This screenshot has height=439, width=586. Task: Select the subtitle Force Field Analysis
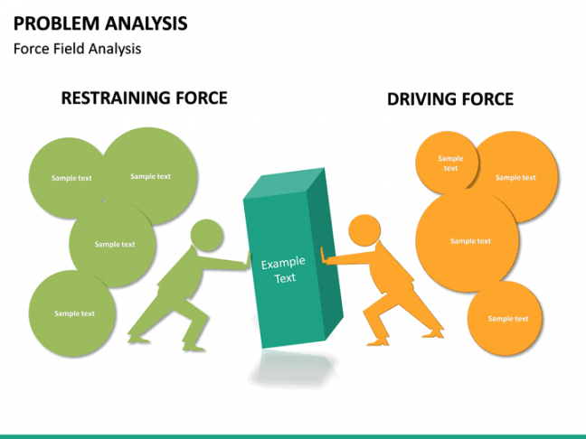click(x=77, y=49)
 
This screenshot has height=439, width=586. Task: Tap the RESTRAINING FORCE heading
click(x=144, y=98)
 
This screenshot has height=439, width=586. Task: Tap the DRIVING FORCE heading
click(x=449, y=98)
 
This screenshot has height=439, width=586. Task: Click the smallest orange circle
click(x=449, y=163)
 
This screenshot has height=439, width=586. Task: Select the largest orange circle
click(x=468, y=240)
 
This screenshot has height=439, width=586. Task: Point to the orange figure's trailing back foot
click(x=435, y=332)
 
